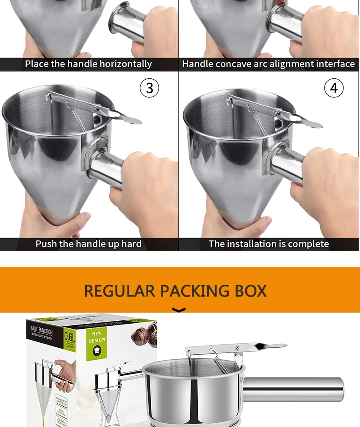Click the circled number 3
150,88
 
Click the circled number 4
334,88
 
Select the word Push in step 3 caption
46,244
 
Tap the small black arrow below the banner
180,311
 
